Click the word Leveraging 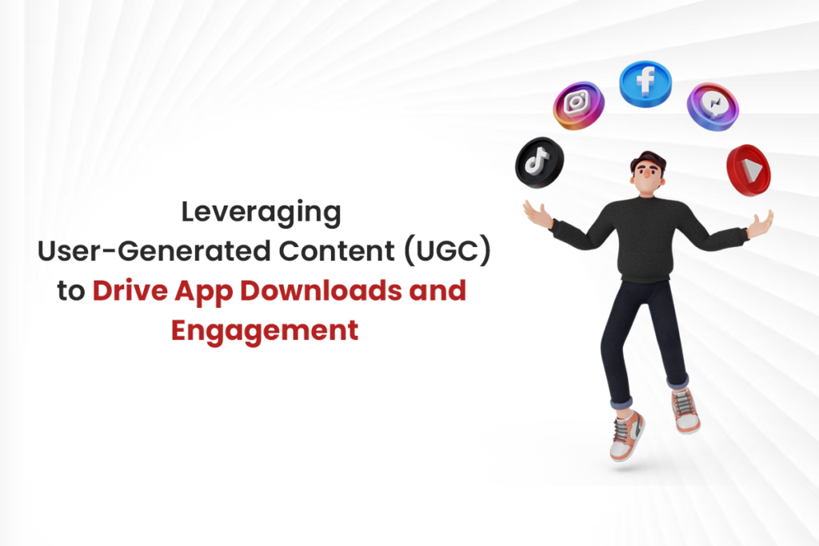(x=262, y=214)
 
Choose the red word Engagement (x=265, y=329)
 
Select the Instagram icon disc (x=577, y=105)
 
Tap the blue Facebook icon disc (x=645, y=83)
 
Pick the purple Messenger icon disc (x=712, y=105)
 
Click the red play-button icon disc (x=749, y=167)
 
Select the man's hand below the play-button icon (x=758, y=223)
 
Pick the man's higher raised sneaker (x=685, y=410)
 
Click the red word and (x=437, y=291)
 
